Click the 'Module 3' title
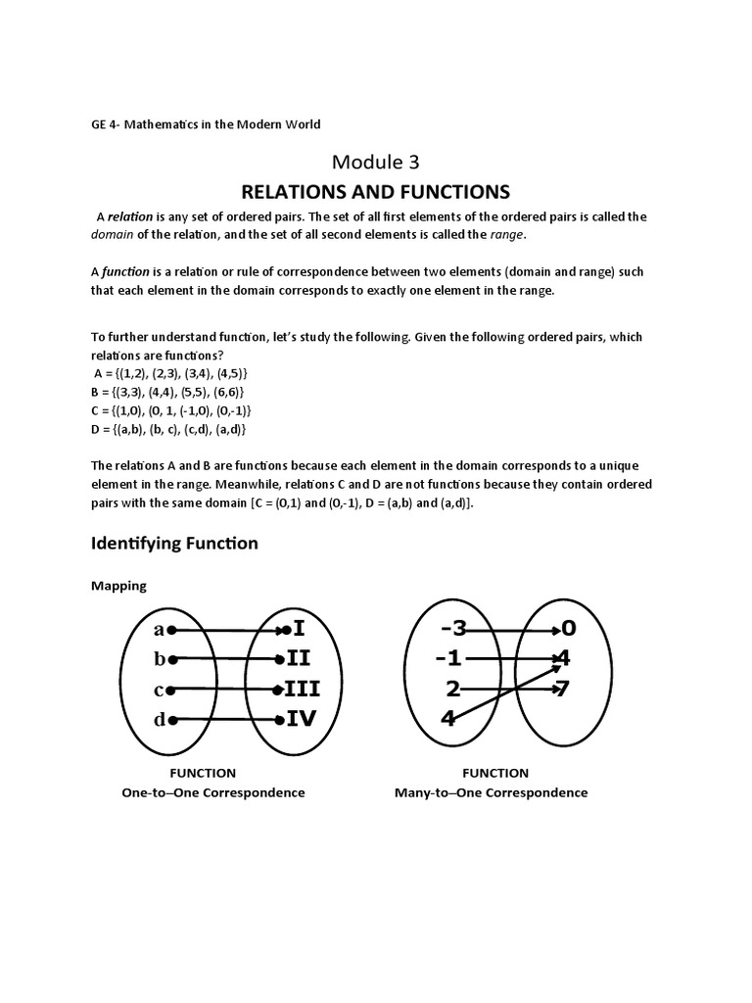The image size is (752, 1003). pos(376,160)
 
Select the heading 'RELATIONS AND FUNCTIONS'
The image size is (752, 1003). pos(376,190)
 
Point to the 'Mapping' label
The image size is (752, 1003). pos(118,586)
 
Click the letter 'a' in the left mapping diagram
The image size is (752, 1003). pos(159,629)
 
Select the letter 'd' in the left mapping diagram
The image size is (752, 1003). pos(159,720)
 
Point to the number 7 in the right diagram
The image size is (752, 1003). pos(562,689)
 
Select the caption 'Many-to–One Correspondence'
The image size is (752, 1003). pos(491,792)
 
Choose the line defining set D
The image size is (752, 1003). pos(168,429)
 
